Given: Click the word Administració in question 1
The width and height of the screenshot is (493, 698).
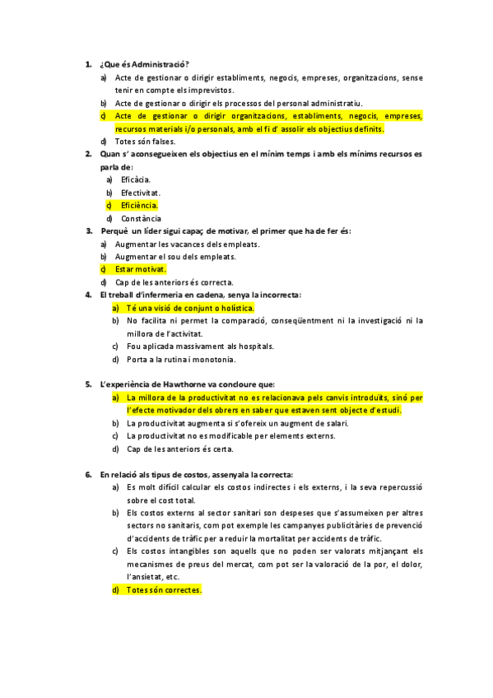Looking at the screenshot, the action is point(160,64).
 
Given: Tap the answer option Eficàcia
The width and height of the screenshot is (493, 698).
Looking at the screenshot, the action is point(135,179).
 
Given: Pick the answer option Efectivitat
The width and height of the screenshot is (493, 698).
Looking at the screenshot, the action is point(140,192).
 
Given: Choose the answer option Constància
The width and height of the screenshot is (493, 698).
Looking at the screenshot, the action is point(141,218).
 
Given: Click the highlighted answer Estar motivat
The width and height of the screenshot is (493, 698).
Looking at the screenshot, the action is point(140,269).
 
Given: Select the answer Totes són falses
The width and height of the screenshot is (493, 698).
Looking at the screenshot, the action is point(146,141).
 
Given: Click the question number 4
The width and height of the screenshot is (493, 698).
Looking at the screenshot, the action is point(88,295).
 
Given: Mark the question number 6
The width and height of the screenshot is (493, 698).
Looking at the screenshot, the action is point(88,474).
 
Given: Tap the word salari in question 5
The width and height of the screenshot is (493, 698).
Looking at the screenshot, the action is point(333,423).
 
